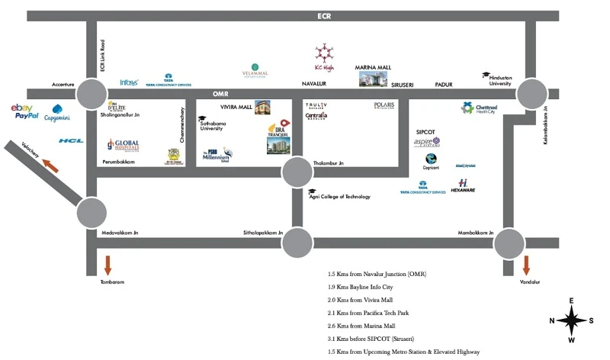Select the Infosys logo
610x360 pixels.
(x=129, y=82)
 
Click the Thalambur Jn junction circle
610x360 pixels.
(x=297, y=173)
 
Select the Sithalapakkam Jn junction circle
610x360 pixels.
(x=297, y=243)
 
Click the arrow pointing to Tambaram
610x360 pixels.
(x=108, y=265)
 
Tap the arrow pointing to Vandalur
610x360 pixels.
(x=526, y=265)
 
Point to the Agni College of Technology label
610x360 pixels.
(x=339, y=196)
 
